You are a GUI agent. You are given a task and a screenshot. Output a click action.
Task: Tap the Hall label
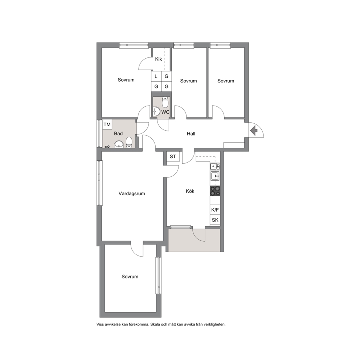click(191, 134)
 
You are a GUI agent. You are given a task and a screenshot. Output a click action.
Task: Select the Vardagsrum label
click(132, 193)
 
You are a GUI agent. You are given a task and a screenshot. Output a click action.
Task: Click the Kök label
click(190, 191)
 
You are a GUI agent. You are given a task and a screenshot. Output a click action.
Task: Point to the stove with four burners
click(215, 191)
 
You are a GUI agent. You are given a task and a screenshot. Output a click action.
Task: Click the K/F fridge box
click(215, 210)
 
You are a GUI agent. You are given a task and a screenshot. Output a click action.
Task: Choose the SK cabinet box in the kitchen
click(215, 220)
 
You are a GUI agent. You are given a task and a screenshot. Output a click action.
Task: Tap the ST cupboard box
click(173, 156)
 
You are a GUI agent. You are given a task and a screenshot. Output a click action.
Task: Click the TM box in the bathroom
click(107, 125)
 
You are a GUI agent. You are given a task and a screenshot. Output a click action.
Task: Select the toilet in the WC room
click(165, 102)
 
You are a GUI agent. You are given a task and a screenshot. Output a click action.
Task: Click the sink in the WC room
click(156, 111)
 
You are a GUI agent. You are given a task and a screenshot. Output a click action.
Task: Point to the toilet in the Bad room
click(129, 142)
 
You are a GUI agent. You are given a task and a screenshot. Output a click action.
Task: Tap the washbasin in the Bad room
click(119, 144)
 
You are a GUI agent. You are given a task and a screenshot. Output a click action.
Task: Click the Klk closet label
click(159, 59)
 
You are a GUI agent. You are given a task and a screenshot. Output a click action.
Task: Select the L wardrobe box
click(156, 76)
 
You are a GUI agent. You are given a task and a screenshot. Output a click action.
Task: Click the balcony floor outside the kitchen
click(194, 240)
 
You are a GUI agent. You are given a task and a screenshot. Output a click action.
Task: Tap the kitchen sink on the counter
click(215, 176)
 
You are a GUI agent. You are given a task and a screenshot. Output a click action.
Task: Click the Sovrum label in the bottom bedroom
click(130, 277)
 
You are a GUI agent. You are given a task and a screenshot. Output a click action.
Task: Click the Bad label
click(118, 134)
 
